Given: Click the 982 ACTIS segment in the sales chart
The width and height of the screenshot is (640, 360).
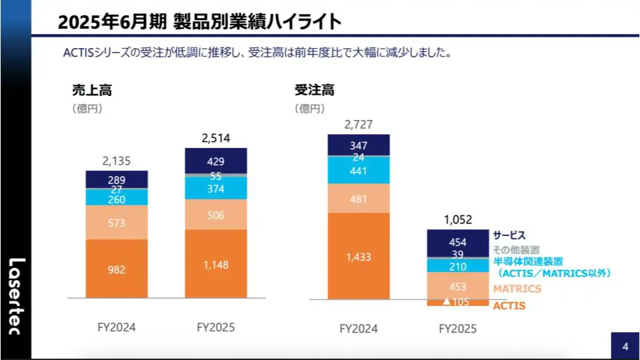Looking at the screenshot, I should (117, 270).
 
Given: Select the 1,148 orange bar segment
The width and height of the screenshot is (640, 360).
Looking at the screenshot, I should (215, 265).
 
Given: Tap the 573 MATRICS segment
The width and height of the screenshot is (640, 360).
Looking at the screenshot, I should (117, 223).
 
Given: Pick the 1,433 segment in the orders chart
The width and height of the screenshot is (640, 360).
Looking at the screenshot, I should (359, 257).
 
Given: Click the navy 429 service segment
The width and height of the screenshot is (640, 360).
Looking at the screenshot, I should (215, 161).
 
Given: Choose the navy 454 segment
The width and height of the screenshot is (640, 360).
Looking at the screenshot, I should (457, 242).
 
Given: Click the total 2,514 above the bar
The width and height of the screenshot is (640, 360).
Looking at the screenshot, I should (215, 138).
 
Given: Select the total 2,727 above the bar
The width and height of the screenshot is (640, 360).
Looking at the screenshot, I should (359, 124).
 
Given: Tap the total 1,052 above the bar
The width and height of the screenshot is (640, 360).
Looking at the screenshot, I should (457, 219).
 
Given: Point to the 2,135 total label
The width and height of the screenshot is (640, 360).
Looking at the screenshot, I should (117, 161).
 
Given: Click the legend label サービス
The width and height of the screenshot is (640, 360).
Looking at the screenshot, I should (509, 235).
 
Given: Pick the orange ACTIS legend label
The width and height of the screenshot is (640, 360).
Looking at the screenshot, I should (509, 306).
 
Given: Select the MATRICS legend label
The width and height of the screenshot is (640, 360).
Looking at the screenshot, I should (517, 289).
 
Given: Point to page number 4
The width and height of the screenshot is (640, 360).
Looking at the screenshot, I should (625, 347).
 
